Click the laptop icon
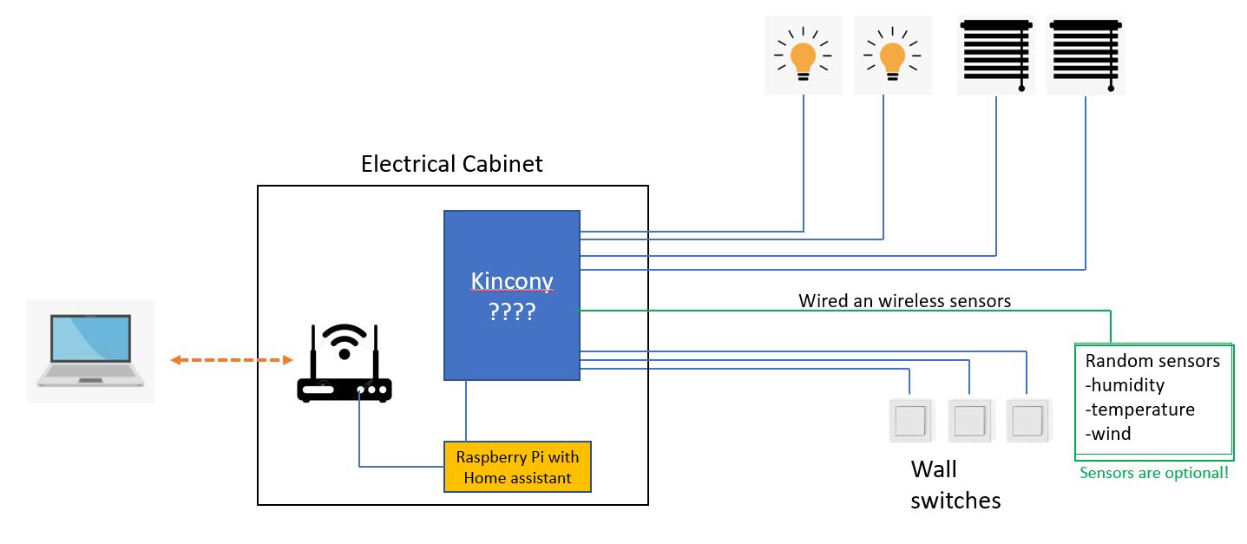pos(90,351)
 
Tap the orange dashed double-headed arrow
pos(231,360)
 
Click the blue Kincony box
pos(511,260)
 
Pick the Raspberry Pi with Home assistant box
pos(517,467)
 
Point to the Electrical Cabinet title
pos(451,164)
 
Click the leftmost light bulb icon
pos(803,56)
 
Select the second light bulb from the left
pos(892,56)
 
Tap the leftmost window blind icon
pos(995,56)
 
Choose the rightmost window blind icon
pos(1085,56)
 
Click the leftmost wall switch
pos(909,420)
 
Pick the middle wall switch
pos(968,420)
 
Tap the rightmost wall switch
pos(1027,420)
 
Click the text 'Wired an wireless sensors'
pos(904,301)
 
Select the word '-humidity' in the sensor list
pos(1125,385)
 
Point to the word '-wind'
pos(1108,434)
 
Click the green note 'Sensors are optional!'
pos(1153,474)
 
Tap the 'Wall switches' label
pos(955,485)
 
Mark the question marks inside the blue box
pos(511,311)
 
